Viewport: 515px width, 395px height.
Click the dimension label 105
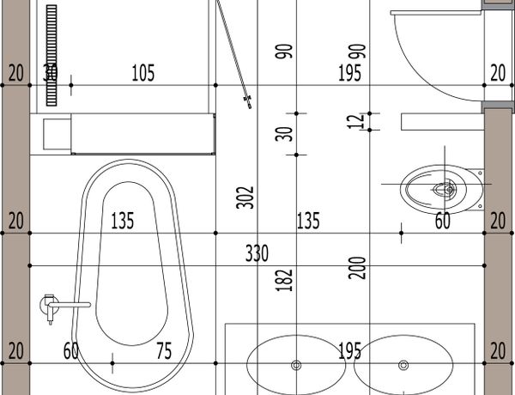142,73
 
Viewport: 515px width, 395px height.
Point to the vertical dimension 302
245,197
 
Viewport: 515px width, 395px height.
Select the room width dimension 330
257,253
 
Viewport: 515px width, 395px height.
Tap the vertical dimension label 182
284,280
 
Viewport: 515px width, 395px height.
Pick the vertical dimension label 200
357,268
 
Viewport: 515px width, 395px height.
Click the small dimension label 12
356,122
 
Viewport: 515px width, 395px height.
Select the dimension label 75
164,350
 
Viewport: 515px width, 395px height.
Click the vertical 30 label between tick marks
284,134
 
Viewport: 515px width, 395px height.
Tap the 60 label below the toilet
442,221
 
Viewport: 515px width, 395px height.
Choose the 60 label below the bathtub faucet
71,350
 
